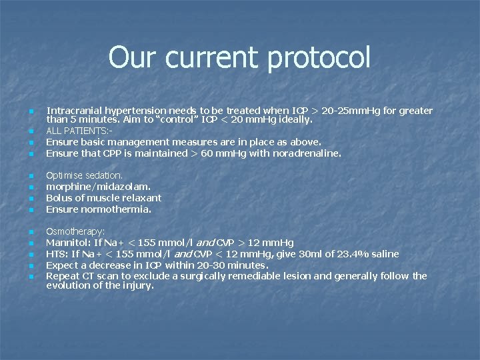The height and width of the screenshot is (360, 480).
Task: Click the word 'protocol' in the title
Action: [x=317, y=58]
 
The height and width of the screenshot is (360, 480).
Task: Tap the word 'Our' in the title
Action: [x=133, y=58]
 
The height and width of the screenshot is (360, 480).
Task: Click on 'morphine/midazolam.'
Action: [x=98, y=187]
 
